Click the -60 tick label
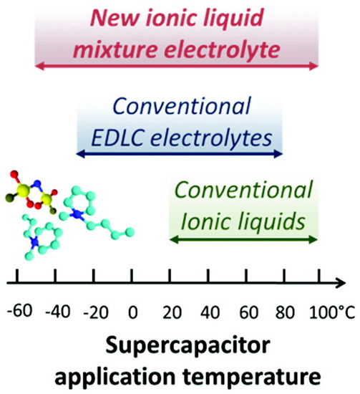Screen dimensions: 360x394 [20, 311]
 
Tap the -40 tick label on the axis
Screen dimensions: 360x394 [58, 312]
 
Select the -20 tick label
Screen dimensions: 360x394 [96, 312]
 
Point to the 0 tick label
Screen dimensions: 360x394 [133, 312]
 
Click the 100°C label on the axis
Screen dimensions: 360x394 [332, 312]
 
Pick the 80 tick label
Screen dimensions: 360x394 [285, 312]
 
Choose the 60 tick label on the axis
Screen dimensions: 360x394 [248, 312]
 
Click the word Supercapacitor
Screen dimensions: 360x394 [188, 347]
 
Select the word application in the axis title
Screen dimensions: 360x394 [115, 377]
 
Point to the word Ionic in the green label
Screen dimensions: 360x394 [201, 221]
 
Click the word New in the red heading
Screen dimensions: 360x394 [115, 18]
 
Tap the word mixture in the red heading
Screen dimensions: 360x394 [115, 49]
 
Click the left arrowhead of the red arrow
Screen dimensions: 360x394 [39, 67]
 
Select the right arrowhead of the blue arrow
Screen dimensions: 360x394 [278, 153]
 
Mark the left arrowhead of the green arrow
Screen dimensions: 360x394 [175, 239]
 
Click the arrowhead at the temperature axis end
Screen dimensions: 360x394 [341, 283]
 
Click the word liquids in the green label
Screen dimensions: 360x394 [266, 221]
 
